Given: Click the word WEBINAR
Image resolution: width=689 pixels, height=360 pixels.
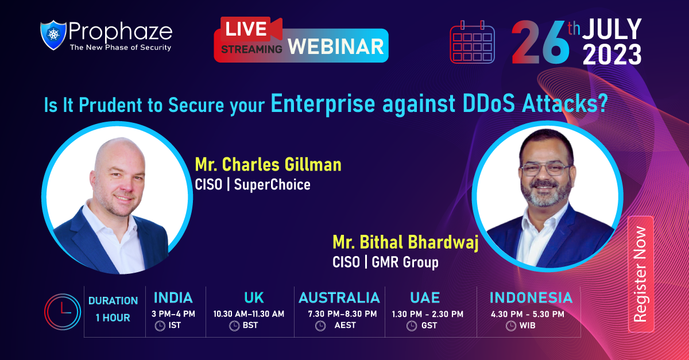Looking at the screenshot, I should tap(335, 46).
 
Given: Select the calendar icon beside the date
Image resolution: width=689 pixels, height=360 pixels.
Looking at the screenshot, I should tap(472, 42).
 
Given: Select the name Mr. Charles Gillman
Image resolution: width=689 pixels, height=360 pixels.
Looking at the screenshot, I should tap(268, 165).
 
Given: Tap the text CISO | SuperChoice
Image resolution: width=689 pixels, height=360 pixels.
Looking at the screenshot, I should tap(253, 185).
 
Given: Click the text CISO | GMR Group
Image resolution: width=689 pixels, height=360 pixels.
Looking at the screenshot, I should tap(385, 262).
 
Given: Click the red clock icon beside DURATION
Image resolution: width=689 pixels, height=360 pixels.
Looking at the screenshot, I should tap(62, 312).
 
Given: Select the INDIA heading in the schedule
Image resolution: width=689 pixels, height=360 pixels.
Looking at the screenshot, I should tap(173, 297).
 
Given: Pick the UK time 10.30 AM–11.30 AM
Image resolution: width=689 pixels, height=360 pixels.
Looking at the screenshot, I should tap(249, 313).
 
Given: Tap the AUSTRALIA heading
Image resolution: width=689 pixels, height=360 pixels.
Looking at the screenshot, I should tap(339, 297).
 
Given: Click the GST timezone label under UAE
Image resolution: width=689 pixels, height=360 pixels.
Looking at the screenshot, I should tap(428, 326).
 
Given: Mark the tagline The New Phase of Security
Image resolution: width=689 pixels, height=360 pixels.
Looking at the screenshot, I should tap(120, 48).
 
